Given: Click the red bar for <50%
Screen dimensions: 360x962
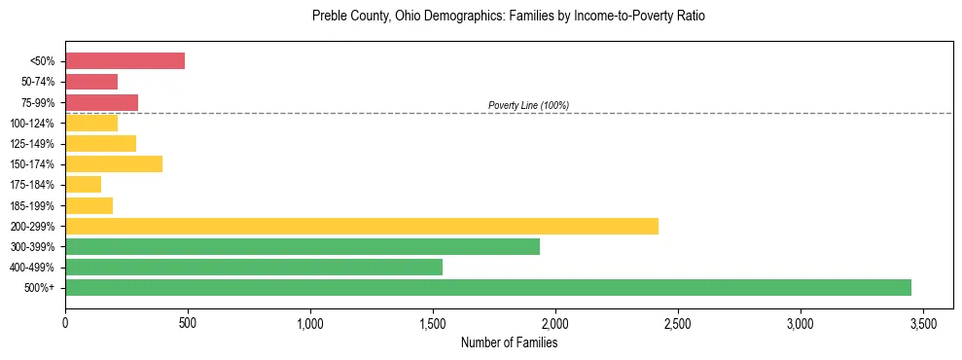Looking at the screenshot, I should [125, 61].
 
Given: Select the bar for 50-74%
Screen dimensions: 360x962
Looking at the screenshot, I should [91, 82].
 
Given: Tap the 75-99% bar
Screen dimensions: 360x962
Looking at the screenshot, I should [101, 102].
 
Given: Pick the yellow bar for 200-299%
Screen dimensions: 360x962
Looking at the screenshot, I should [362, 226].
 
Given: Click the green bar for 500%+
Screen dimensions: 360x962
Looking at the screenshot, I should [488, 287].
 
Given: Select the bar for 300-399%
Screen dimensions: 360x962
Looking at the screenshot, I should [303, 246].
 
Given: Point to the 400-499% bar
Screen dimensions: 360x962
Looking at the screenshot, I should [254, 267].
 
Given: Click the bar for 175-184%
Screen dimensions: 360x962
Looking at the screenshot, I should [84, 185].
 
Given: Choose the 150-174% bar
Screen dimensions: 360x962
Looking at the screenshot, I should [114, 163].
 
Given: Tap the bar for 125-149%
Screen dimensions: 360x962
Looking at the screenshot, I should [101, 143].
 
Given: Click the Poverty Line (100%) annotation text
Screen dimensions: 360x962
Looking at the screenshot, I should [528, 105].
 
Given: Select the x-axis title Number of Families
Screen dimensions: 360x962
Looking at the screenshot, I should [509, 342].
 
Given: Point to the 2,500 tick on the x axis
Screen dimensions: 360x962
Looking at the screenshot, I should [678, 322].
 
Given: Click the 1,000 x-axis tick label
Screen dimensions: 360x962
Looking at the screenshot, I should [310, 322].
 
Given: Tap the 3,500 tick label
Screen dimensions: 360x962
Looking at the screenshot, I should [923, 322].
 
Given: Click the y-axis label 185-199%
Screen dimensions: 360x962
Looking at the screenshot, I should [36, 205].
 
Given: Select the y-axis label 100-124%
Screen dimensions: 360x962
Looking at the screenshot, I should [36, 124].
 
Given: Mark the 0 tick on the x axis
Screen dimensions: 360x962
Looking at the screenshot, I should [65, 322].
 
